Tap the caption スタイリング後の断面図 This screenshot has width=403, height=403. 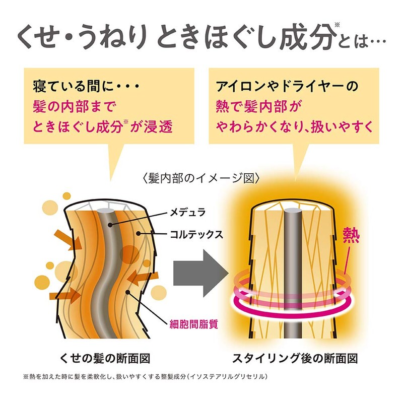[295, 359]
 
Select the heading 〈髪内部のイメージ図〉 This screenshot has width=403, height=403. [201, 178]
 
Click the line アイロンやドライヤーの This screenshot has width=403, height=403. [287, 86]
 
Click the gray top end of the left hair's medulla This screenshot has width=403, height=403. [103, 210]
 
